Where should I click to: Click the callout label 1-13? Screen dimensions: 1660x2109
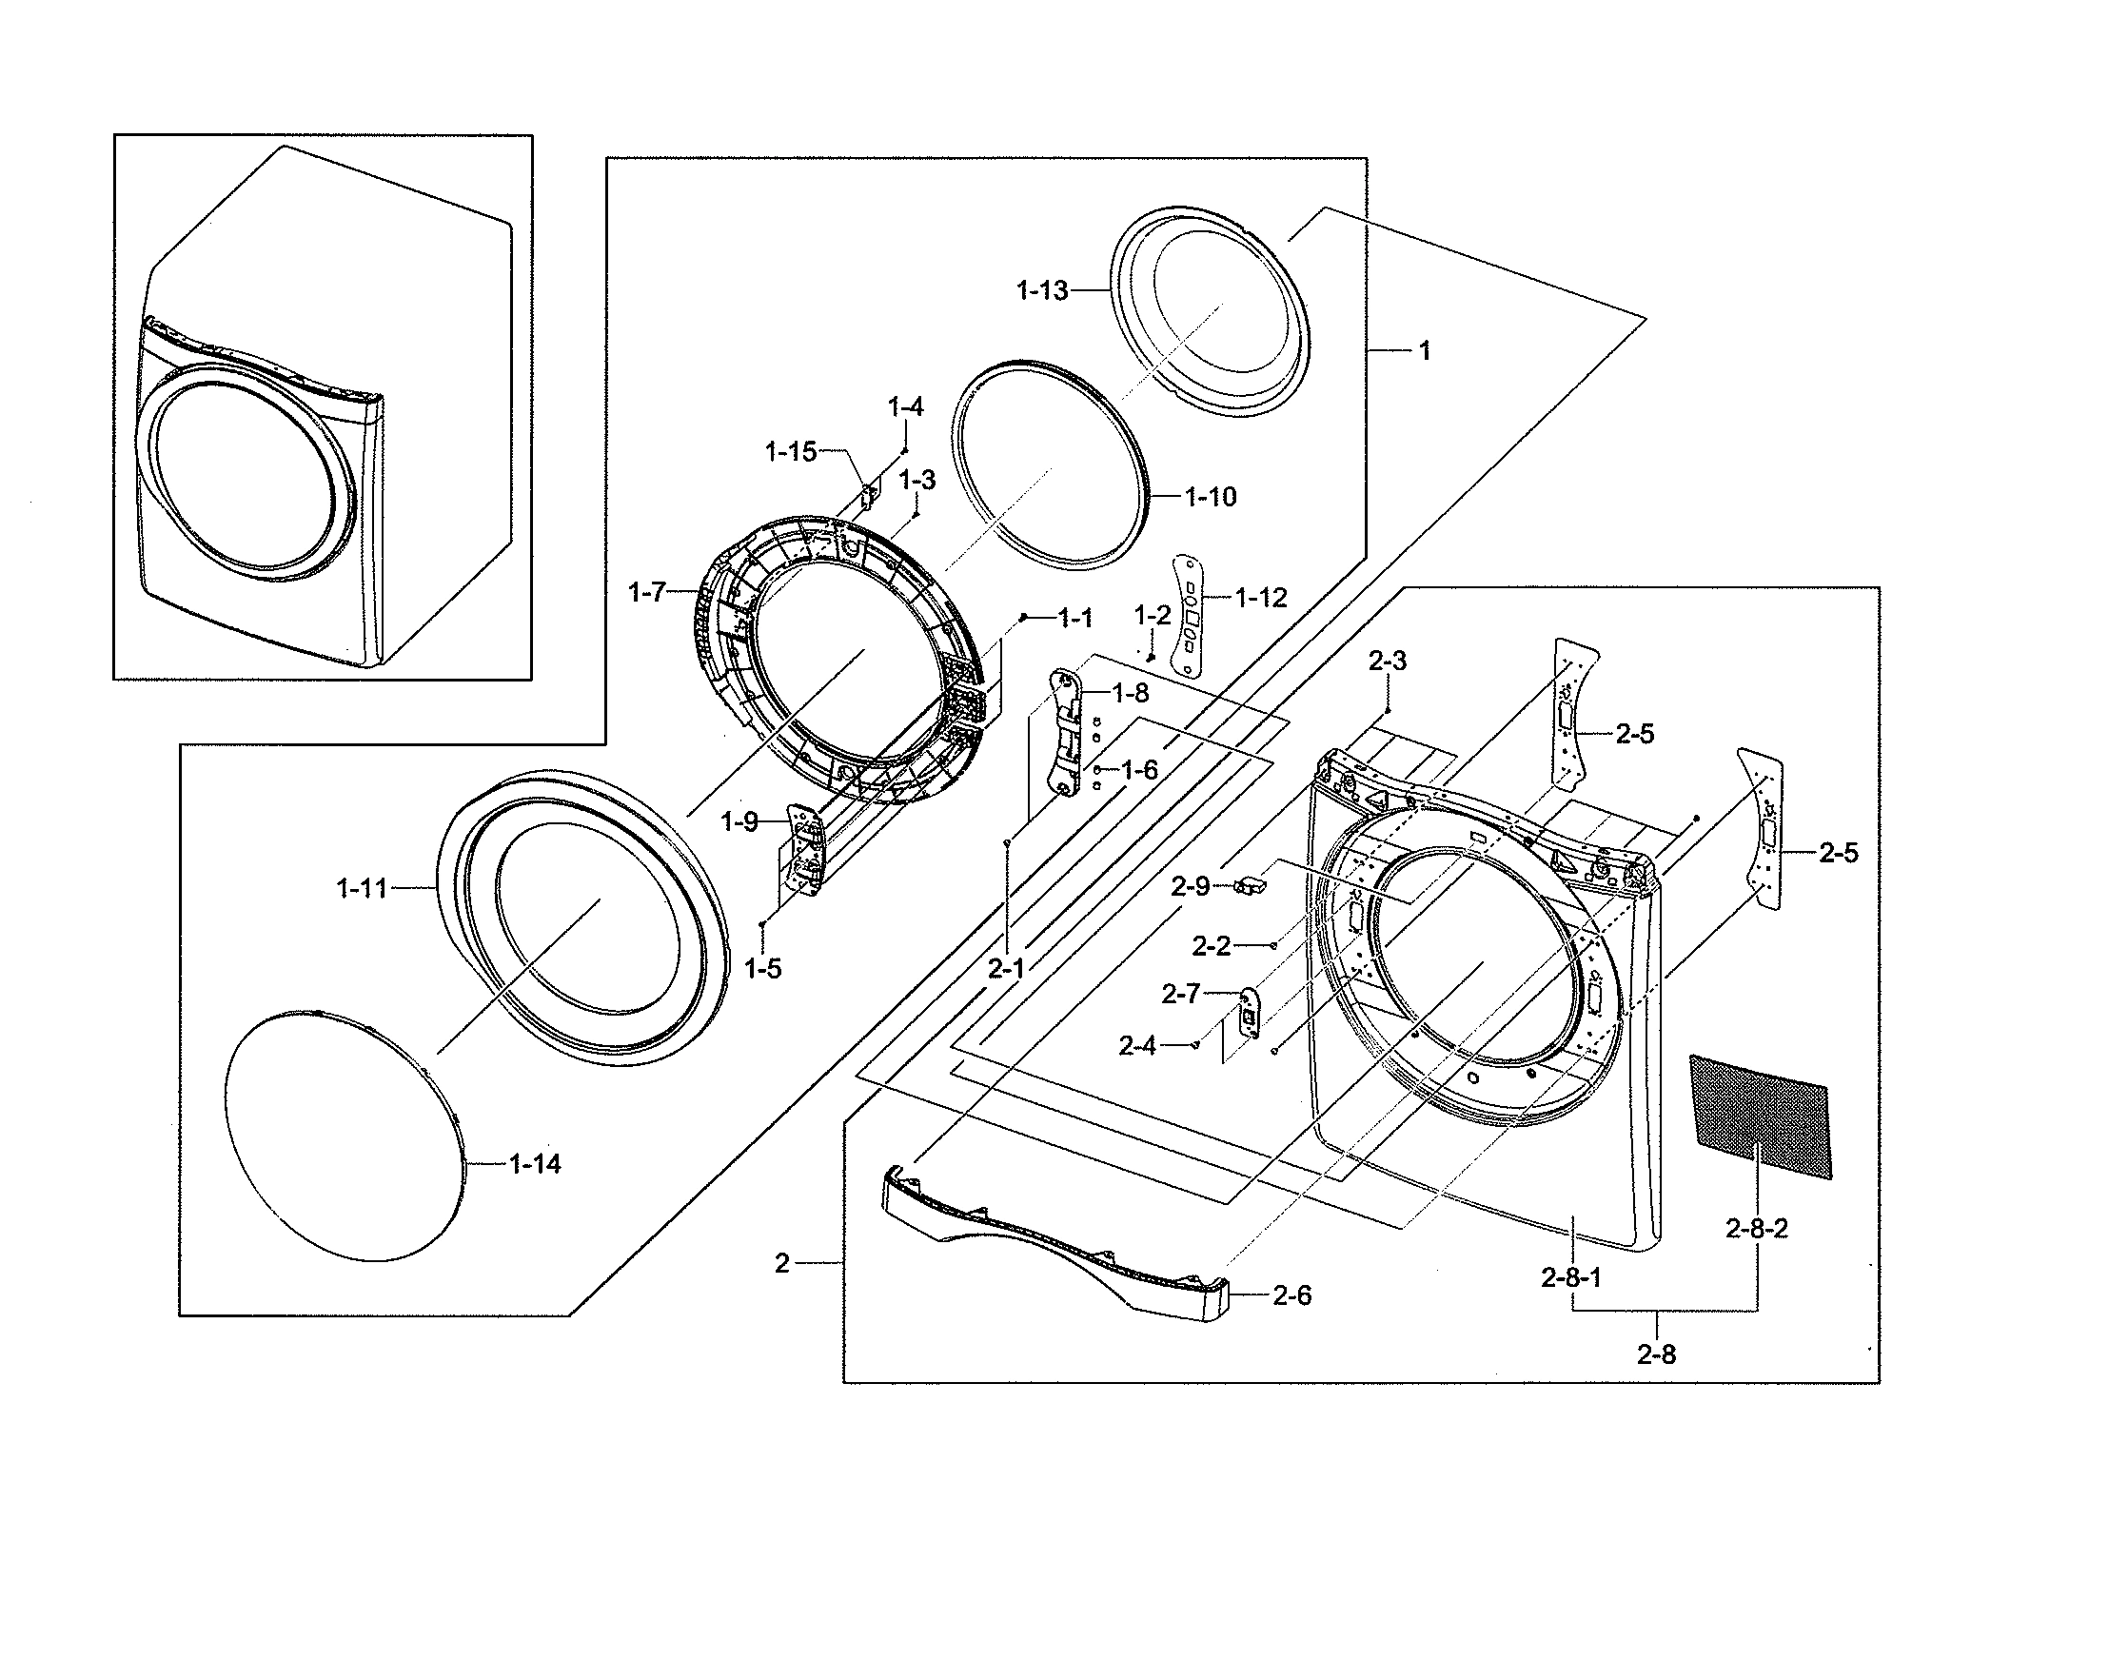point(1042,290)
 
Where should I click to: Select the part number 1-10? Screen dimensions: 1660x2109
point(1210,497)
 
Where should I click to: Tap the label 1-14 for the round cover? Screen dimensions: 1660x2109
point(535,1164)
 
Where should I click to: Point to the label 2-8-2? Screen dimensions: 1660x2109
point(1756,1230)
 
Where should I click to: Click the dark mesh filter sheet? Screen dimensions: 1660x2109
point(1760,1117)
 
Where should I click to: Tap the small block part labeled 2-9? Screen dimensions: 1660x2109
point(1250,885)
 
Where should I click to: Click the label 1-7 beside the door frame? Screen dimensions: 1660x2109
point(647,592)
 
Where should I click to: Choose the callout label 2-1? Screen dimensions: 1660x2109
point(1007,967)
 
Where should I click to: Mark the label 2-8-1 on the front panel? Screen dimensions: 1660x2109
point(1570,1278)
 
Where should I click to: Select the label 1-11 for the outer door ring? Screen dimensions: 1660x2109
point(362,888)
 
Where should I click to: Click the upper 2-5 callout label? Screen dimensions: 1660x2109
point(1635,735)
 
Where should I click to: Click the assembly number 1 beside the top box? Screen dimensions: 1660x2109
point(1425,351)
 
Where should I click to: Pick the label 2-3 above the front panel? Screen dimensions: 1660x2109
point(1387,662)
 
